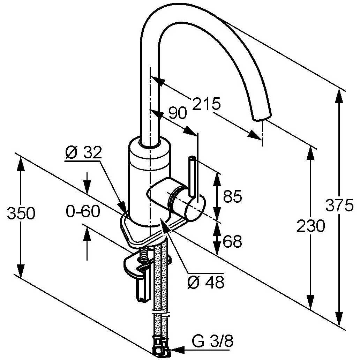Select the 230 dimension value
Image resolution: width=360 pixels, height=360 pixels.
point(310,226)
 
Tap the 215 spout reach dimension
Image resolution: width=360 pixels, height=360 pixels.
point(207,104)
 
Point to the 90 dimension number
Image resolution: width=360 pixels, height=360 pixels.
point(178,113)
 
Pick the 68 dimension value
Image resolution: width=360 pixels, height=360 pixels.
point(232,241)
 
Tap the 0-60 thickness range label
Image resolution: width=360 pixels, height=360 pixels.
point(83,211)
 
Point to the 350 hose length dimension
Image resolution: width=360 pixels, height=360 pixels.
point(21,213)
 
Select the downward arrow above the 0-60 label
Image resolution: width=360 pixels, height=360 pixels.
point(87,187)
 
